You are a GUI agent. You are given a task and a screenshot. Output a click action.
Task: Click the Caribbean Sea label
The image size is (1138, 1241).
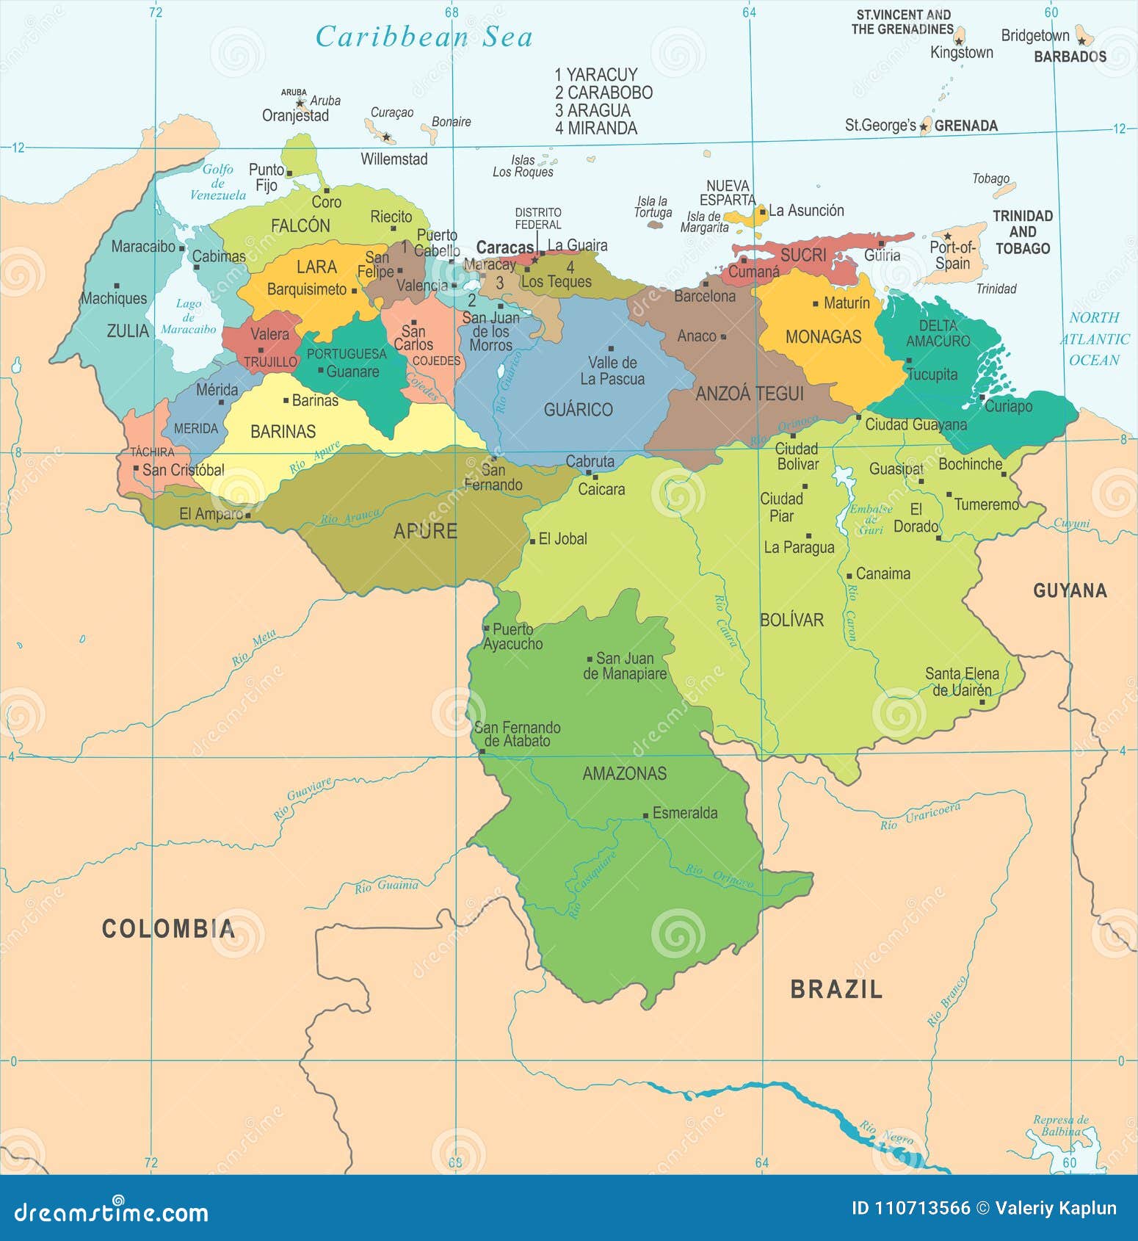click(x=424, y=37)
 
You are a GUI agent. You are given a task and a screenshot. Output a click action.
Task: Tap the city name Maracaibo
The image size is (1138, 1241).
click(x=143, y=247)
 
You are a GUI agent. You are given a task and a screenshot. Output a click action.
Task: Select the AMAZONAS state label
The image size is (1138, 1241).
click(x=624, y=773)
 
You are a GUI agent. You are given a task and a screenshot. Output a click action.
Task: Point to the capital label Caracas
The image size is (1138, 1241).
click(x=504, y=247)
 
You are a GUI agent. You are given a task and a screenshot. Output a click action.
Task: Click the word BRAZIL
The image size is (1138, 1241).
click(x=836, y=989)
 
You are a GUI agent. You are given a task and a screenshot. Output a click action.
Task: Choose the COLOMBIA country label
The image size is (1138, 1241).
click(x=168, y=929)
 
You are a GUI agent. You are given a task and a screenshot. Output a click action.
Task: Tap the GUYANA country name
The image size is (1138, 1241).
click(x=1069, y=590)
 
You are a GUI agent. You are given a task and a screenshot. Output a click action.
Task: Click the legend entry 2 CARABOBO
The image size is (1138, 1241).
click(x=604, y=93)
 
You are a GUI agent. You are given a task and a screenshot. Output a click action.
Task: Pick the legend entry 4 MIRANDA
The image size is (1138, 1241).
click(x=595, y=129)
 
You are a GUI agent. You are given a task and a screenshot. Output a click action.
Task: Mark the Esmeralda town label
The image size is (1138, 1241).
click(x=684, y=813)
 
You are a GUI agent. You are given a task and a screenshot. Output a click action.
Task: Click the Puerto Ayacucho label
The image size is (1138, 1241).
click(x=512, y=637)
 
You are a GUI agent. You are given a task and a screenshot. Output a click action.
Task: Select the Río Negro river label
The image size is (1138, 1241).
click(x=886, y=1133)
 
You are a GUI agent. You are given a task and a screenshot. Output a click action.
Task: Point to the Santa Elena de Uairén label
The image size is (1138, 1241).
click(x=962, y=682)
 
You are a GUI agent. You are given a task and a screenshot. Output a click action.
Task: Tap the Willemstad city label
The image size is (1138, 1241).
click(x=394, y=159)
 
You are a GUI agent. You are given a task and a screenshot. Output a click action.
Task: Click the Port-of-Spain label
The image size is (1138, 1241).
click(x=952, y=255)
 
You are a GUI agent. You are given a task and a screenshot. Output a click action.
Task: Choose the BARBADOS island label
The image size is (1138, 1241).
click(x=1069, y=57)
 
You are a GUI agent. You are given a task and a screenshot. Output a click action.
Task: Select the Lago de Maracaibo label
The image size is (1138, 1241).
click(x=189, y=316)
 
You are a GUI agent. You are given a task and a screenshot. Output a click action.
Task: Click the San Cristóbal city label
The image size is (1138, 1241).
click(x=183, y=470)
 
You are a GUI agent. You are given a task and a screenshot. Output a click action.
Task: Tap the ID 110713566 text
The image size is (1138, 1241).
click(x=910, y=1208)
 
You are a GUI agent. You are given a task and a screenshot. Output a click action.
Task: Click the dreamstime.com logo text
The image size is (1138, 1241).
click(x=111, y=1212)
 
